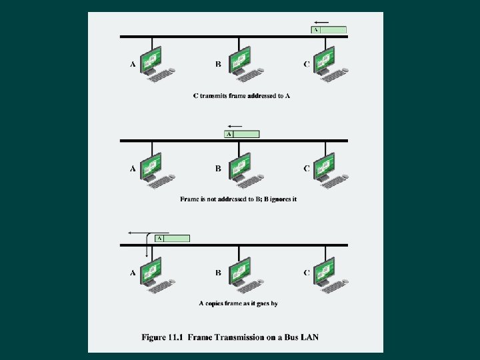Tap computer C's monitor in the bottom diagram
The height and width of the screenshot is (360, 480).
coord(325,269)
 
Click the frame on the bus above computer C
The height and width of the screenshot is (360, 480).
coord(329,30)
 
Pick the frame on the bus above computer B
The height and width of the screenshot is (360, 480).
coord(241,134)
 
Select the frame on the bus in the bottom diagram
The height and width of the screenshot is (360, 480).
coord(172,238)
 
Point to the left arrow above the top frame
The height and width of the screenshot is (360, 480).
coord(321,21)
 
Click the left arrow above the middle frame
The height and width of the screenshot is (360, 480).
coord(234,125)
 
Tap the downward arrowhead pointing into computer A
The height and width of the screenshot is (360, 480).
coord(147,254)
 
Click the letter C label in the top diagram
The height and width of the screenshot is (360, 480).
coord(306,64)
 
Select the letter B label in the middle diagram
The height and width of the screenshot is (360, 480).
coord(218,168)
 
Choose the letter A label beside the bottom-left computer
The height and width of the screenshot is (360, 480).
coord(133,273)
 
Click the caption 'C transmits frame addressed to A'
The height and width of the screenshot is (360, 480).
coord(241,96)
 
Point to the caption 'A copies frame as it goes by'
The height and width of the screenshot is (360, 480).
coord(238,303)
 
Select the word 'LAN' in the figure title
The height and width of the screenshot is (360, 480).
coord(309,337)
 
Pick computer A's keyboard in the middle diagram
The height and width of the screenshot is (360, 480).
coord(162,180)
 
